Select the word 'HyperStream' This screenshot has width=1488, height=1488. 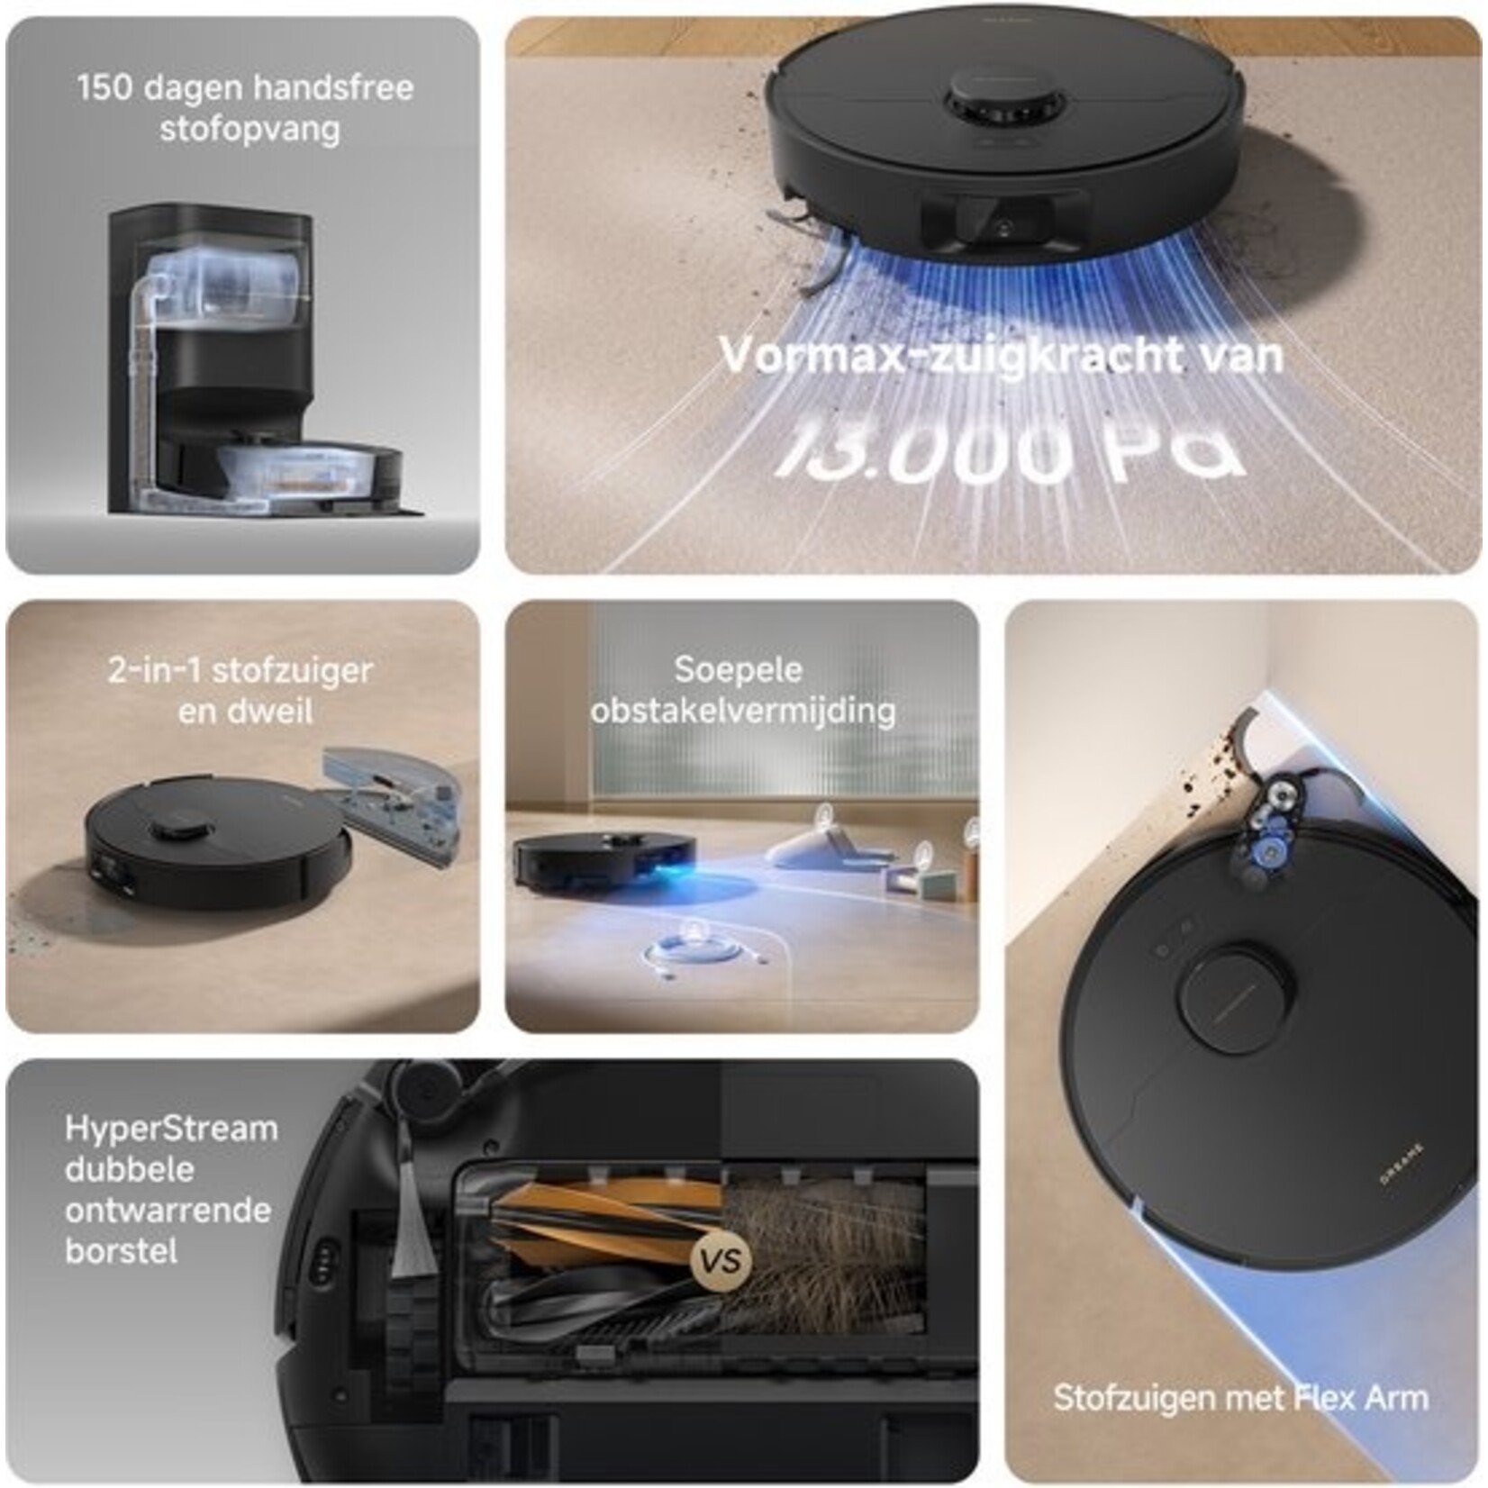coord(171,1129)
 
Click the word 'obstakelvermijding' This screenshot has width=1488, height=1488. coord(743,711)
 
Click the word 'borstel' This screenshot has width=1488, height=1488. coord(121,1251)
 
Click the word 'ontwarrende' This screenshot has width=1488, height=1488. coord(168,1210)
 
